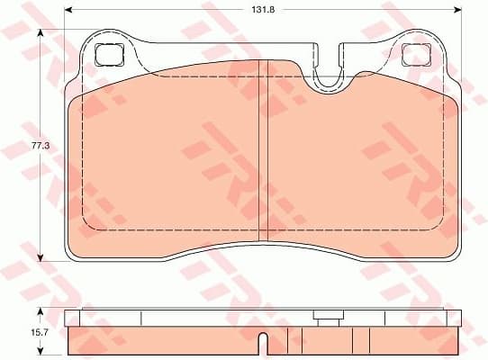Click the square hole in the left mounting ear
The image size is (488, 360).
(108, 54)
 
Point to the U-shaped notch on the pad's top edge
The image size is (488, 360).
(330, 78)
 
